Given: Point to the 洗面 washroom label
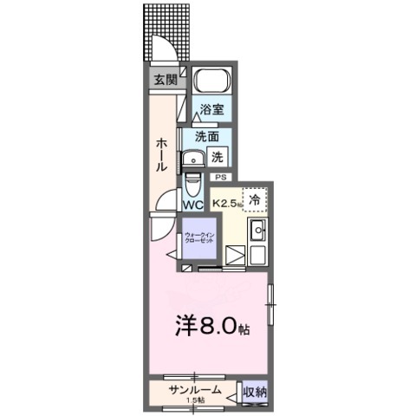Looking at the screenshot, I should (x=206, y=137).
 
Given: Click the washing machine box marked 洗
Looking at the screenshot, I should (x=218, y=158).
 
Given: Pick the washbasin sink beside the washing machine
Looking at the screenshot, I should (x=192, y=158).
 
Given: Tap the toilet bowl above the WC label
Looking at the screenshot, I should (x=192, y=182).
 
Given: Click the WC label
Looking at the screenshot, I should (x=192, y=205).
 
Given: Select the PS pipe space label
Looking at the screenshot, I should (x=219, y=177).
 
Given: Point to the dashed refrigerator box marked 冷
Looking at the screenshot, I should (x=255, y=200).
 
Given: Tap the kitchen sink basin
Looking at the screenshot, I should (x=257, y=231).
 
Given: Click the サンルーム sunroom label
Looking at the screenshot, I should (x=193, y=390).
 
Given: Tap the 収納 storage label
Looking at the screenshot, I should (x=255, y=392).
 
